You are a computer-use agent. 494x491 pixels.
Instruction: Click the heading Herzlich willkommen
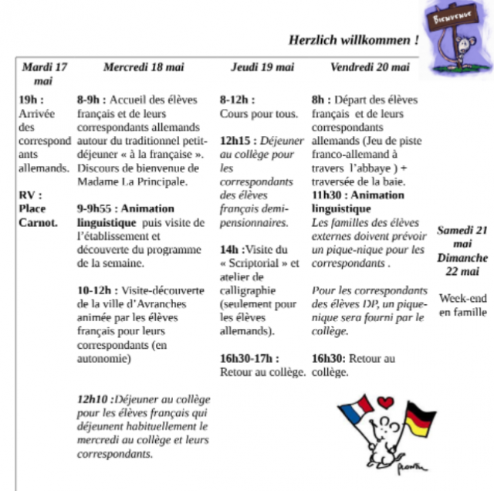[354, 39]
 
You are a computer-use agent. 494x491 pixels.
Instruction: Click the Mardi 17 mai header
[44, 73]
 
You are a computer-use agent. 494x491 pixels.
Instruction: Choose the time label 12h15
[235, 141]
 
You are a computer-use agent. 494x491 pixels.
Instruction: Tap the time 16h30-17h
[249, 358]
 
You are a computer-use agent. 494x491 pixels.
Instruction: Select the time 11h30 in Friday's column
[327, 195]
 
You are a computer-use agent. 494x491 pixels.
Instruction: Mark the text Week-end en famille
[462, 305]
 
